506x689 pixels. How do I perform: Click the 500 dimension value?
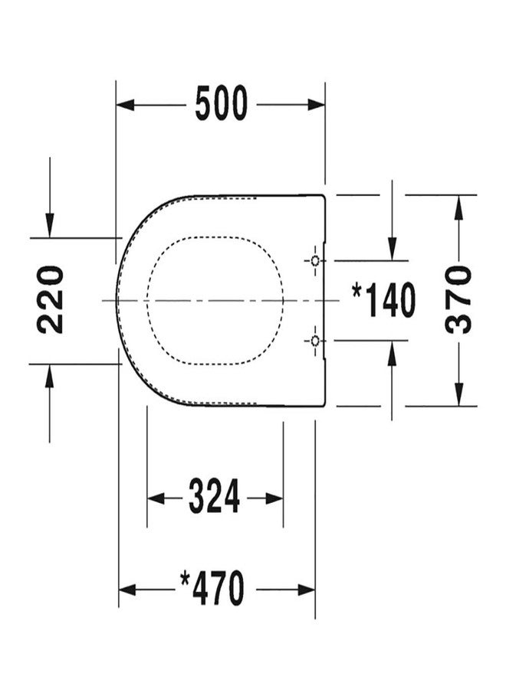pyautogui.click(x=222, y=103)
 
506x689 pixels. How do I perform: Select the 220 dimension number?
pyautogui.click(x=50, y=299)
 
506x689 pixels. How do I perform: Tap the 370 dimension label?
pyautogui.click(x=458, y=299)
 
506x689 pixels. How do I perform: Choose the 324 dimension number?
pyautogui.click(x=214, y=497)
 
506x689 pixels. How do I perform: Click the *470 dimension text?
pyautogui.click(x=212, y=588)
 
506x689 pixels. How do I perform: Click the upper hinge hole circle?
pyautogui.click(x=315, y=260)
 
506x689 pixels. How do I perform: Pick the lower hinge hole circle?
pyautogui.click(x=315, y=340)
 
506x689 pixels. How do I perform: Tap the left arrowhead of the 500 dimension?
pyautogui.click(x=125, y=105)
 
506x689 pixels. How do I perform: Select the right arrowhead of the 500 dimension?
pyautogui.click(x=317, y=105)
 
